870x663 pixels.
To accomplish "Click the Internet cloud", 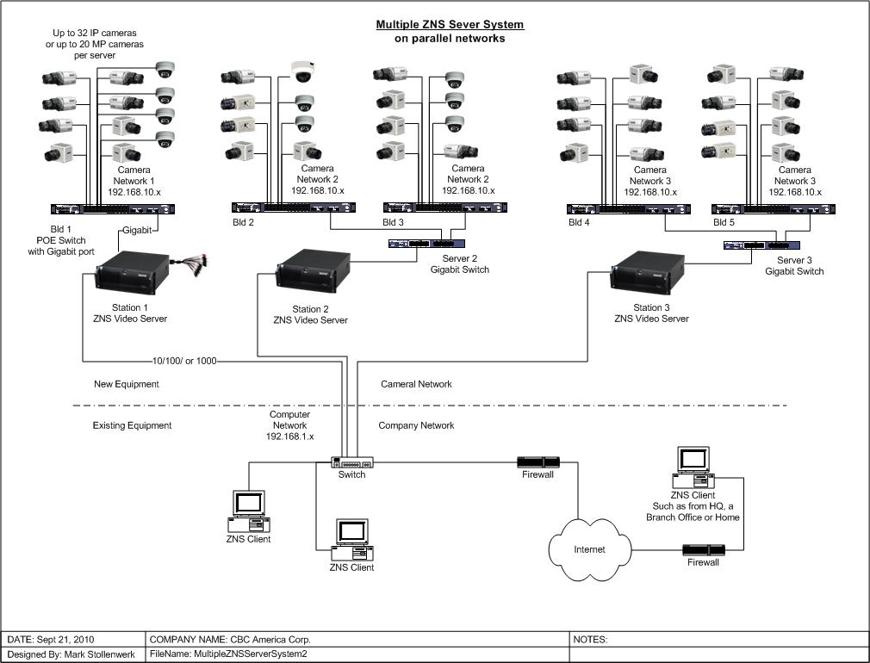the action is click(x=590, y=549).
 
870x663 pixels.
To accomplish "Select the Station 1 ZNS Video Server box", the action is click(x=133, y=272).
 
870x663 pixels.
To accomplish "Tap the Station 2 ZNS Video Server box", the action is click(x=314, y=270).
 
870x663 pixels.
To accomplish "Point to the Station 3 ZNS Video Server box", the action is click(x=648, y=272).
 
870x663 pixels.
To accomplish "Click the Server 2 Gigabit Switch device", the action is click(x=426, y=243).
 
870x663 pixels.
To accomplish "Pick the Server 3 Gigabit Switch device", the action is click(x=761, y=245).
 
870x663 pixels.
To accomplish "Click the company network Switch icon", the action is click(x=352, y=462).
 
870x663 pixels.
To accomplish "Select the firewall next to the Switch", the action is click(x=538, y=462).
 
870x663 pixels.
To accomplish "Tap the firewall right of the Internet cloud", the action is click(x=704, y=550).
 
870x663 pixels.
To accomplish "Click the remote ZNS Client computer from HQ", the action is click(x=693, y=468).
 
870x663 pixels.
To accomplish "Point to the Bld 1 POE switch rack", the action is click(x=113, y=209).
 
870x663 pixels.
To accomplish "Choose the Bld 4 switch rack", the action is click(x=629, y=209).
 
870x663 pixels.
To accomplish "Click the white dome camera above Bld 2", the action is click(x=303, y=71).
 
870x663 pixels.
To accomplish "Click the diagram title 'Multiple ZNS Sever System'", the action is click(x=450, y=24).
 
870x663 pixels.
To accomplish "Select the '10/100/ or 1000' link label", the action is click(x=184, y=361).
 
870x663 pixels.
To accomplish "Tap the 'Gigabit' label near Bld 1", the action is click(x=137, y=230).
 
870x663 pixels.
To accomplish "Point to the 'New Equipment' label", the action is click(x=127, y=384).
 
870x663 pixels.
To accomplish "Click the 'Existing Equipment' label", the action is click(x=132, y=425).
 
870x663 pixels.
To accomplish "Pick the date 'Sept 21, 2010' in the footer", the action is click(x=69, y=639).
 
